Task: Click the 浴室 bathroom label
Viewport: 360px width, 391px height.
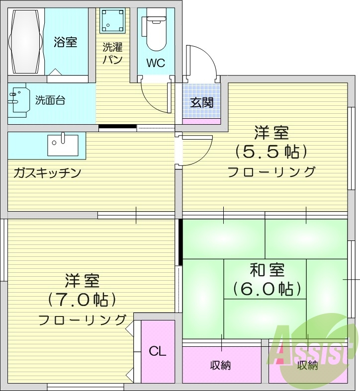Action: point(65,42)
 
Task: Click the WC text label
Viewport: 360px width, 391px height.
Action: point(156,63)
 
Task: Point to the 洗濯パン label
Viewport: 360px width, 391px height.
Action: point(112,54)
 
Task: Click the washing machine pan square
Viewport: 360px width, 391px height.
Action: point(112,21)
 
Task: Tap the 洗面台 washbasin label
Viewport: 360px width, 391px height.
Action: point(50,100)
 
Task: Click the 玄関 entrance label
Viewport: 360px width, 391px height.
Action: point(202,102)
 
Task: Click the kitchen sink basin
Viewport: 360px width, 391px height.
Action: point(63,145)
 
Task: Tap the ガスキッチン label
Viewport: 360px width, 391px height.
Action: point(47,173)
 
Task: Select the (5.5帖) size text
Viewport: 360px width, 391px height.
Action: point(271,151)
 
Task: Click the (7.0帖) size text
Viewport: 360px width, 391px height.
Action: point(83,300)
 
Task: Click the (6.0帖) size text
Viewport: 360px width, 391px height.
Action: point(268,288)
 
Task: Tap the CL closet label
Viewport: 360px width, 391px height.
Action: point(158,351)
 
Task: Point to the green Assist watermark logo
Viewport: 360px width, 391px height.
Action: point(313,348)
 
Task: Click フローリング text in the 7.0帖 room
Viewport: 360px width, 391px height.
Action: point(83,319)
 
